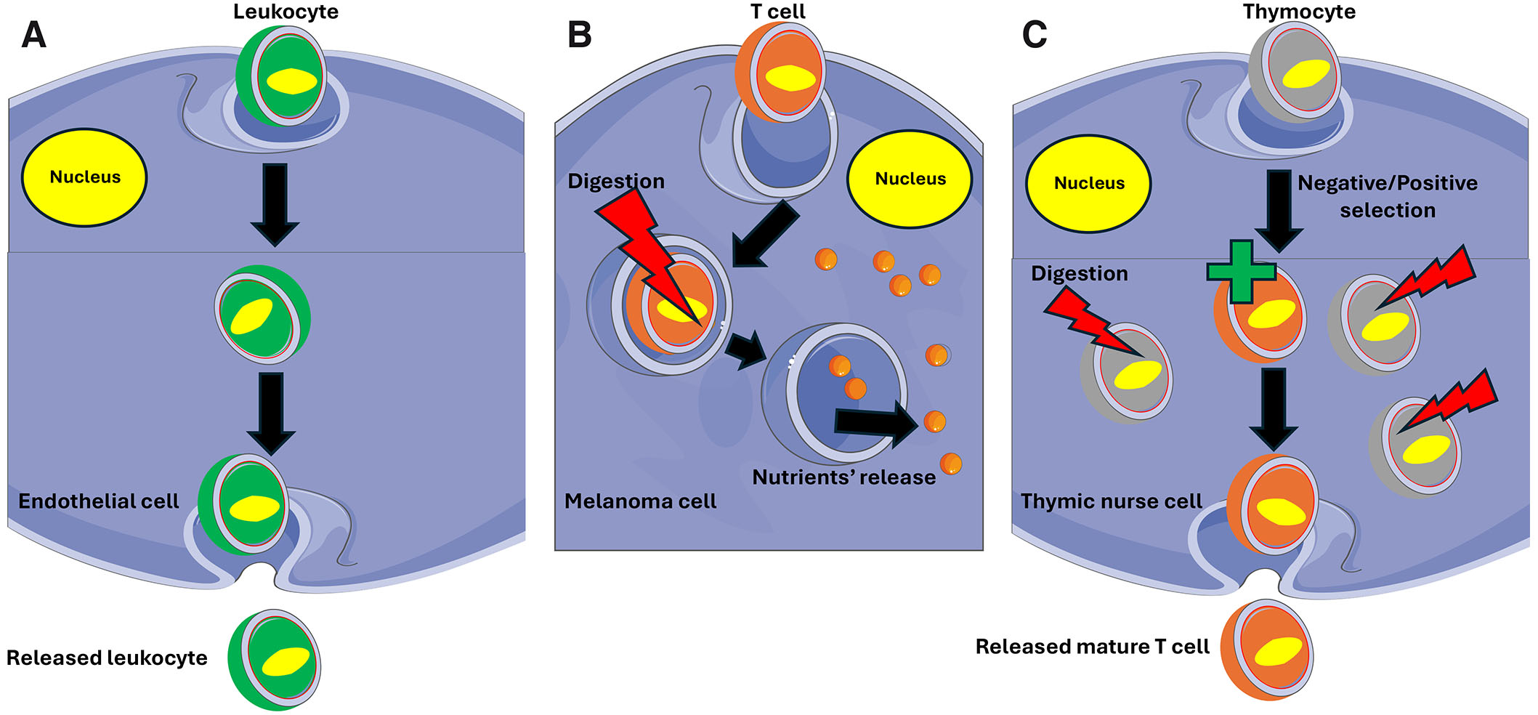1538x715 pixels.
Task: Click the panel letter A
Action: [x=33, y=35]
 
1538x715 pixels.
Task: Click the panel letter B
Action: [x=579, y=35]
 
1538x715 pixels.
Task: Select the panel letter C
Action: [x=1035, y=35]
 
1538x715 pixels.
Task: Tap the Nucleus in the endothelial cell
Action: [x=85, y=177]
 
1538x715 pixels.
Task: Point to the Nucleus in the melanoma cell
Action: [x=910, y=179]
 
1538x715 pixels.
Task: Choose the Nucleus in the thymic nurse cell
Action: [x=1088, y=183]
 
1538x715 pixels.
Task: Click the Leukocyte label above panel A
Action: [x=286, y=12]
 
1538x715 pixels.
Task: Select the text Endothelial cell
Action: [x=99, y=501]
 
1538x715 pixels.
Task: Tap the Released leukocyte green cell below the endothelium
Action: [x=275, y=660]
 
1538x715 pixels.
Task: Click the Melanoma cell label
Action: [x=640, y=501]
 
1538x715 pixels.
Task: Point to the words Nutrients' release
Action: [x=843, y=477]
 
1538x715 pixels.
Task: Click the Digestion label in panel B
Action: [x=616, y=181]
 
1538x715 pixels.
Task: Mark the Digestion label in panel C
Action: [x=1080, y=273]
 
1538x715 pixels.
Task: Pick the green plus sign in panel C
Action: [x=1241, y=272]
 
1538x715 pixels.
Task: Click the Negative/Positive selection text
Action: [x=1387, y=196]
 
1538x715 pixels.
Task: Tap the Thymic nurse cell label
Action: [x=1111, y=501]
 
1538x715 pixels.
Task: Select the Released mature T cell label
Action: [x=1092, y=647]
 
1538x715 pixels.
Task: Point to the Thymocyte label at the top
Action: [x=1299, y=12]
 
